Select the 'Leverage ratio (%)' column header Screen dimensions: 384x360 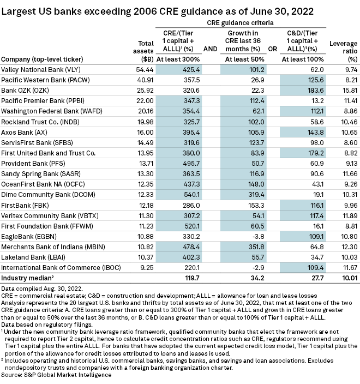pos(344,50)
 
